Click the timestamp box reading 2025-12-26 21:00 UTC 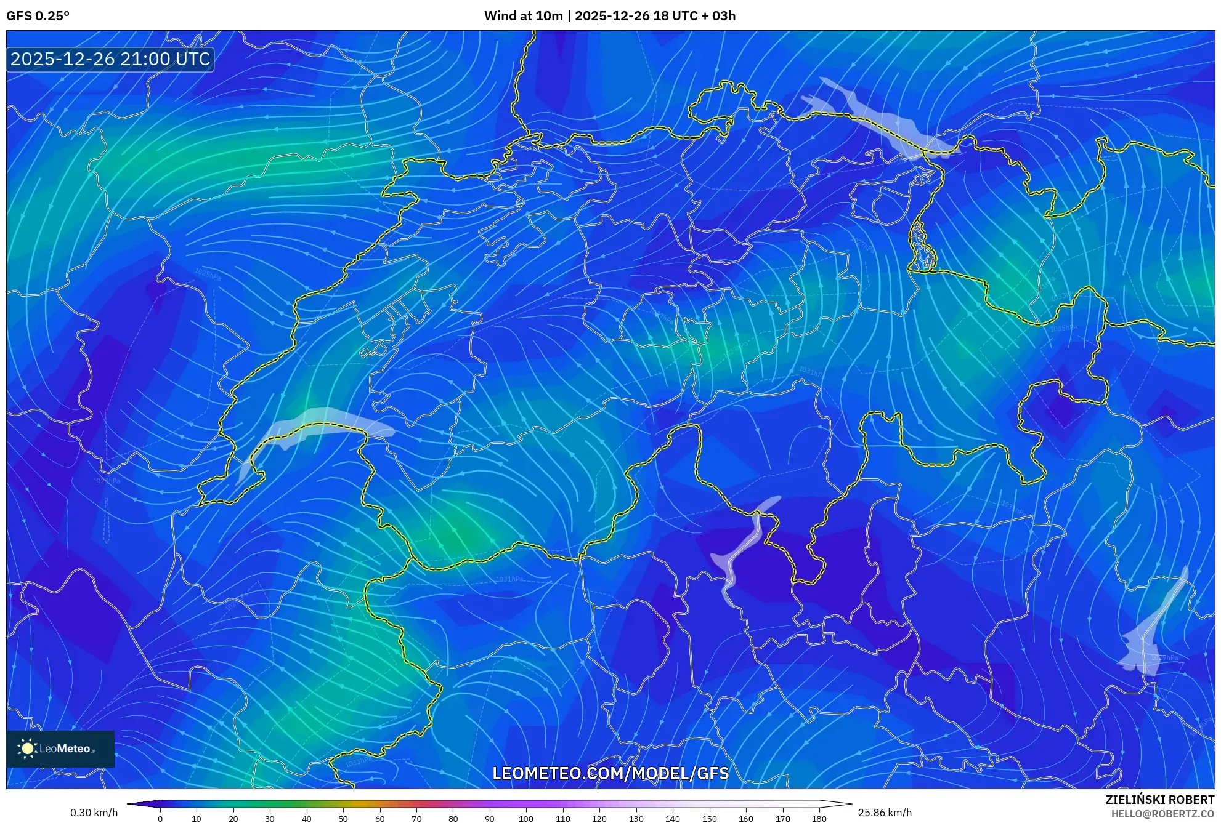(110, 59)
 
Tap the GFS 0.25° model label (38, 16)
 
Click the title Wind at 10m (523, 16)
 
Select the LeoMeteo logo (60, 749)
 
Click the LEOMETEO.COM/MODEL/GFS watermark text (610, 773)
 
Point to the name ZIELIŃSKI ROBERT (1159, 800)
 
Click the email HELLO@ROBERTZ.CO (1162, 814)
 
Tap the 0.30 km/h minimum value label (94, 813)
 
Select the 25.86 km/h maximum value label (885, 813)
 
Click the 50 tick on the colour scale (343, 819)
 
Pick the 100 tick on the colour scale (526, 819)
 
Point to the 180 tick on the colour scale (819, 819)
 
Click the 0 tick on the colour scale (160, 819)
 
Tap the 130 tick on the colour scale (636, 819)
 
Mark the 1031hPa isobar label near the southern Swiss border (509, 579)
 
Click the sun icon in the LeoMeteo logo (27, 749)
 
